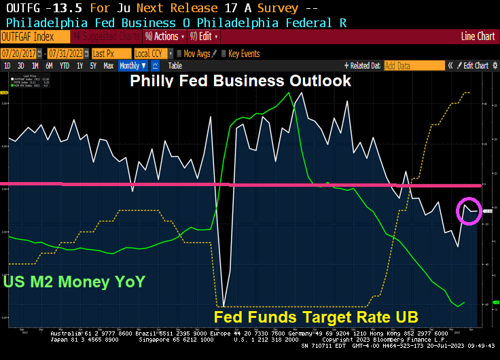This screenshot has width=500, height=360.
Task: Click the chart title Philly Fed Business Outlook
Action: tap(240, 81)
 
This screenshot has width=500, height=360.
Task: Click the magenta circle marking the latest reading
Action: tap(469, 211)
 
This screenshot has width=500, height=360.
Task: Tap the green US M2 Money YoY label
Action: tap(74, 281)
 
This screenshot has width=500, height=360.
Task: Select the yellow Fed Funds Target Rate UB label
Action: tap(315, 317)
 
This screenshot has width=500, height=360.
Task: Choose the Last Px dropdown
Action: tap(110, 53)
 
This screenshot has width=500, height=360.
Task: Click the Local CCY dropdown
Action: tap(153, 53)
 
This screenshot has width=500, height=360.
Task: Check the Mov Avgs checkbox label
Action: tap(198, 53)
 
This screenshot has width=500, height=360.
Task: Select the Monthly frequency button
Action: tap(133, 66)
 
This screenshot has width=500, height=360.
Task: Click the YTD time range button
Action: tap(65, 66)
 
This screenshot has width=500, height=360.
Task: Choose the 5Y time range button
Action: tap(94, 66)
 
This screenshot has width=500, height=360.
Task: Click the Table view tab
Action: tap(175, 66)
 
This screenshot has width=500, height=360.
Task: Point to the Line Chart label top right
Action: tap(478, 37)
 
